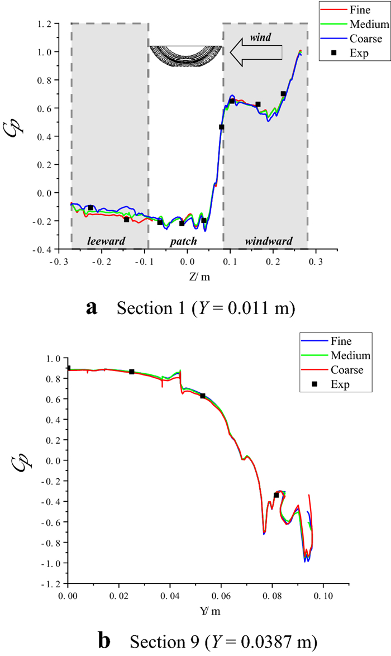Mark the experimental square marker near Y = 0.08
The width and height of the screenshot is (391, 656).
(276, 495)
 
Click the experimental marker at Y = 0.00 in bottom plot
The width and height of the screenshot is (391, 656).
(68, 368)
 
